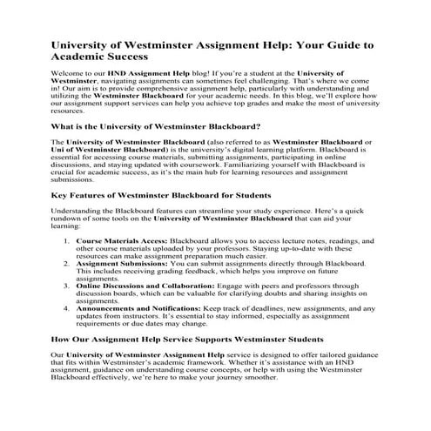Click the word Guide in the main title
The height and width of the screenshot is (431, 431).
pyautogui.click(x=343, y=45)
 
